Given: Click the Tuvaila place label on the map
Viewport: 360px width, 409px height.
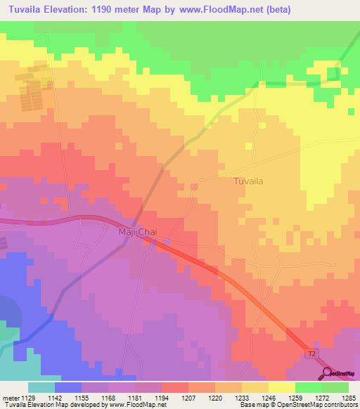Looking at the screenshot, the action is tap(247, 181).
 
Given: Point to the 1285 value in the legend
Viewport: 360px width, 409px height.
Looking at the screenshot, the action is tap(349, 397).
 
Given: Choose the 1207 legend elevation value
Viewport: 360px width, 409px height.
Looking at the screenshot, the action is tap(188, 397).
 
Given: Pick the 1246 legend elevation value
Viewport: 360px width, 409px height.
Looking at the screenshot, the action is tap(269, 397).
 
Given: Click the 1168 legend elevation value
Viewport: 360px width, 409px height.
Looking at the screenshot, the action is tap(108, 397).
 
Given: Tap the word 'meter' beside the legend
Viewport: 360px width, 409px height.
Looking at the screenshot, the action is tap(11, 397).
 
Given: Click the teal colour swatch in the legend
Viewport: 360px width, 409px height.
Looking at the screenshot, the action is tap(41, 387).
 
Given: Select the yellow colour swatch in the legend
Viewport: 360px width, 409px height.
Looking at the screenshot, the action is tap(282, 387).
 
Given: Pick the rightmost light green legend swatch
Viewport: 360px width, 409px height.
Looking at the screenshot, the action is tap(335, 387).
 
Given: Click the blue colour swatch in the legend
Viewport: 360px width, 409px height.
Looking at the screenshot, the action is tap(68, 387).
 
